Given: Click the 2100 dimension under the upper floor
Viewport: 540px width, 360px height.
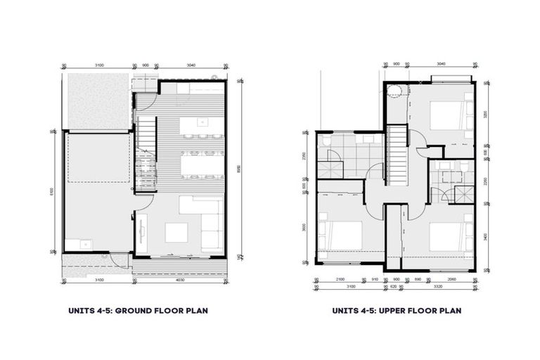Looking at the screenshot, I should click(340, 279).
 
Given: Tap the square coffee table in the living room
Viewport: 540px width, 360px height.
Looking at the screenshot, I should click(175, 231).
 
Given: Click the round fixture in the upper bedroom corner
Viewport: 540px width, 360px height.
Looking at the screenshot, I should click(395, 90).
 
